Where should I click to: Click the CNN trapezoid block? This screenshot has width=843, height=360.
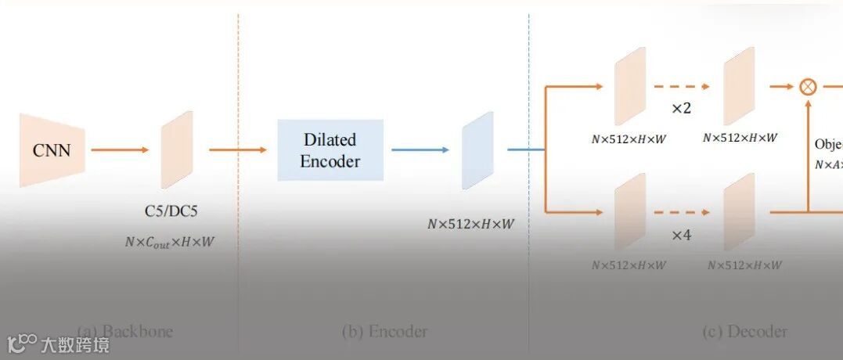pyautogui.click(x=51, y=150)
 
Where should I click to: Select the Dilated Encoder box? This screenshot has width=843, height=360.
pyautogui.click(x=330, y=150)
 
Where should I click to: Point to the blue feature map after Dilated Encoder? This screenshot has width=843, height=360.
pyautogui.click(x=477, y=150)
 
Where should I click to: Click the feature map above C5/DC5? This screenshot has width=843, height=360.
pyautogui.click(x=177, y=150)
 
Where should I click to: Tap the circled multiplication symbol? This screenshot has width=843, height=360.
pyautogui.click(x=808, y=86)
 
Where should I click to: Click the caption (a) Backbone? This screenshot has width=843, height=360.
pyautogui.click(x=125, y=331)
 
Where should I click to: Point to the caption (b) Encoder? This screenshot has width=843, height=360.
pyautogui.click(x=384, y=331)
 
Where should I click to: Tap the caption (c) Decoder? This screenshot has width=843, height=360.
pyautogui.click(x=744, y=331)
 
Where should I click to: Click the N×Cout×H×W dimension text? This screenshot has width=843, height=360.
pyautogui.click(x=170, y=242)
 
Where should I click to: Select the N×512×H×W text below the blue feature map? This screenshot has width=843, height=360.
pyautogui.click(x=470, y=224)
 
